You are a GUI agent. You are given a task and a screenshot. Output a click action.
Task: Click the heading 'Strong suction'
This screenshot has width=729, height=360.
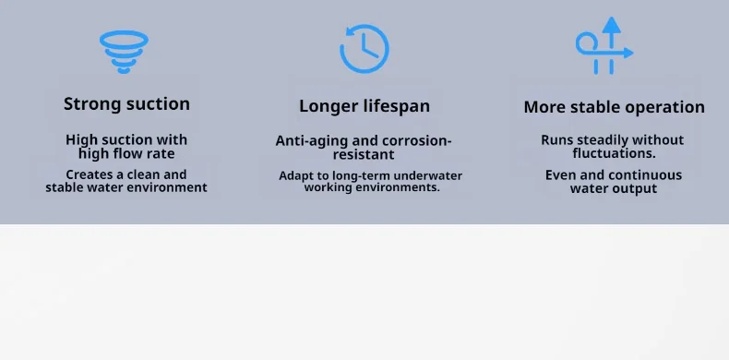[x=126, y=103]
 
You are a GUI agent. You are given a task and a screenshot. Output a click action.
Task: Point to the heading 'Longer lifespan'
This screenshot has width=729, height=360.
[x=364, y=106]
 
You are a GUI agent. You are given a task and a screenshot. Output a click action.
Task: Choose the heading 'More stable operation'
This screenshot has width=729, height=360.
[x=615, y=107]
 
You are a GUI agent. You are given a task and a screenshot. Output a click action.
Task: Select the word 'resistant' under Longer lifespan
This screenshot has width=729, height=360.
[x=364, y=154]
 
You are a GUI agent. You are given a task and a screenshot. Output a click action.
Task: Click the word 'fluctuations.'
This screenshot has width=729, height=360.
[x=615, y=153]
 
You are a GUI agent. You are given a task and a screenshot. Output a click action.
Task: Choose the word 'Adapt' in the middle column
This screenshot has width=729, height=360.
[x=292, y=176]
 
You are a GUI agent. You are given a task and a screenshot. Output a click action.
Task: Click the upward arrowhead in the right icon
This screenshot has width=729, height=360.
[x=612, y=25]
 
